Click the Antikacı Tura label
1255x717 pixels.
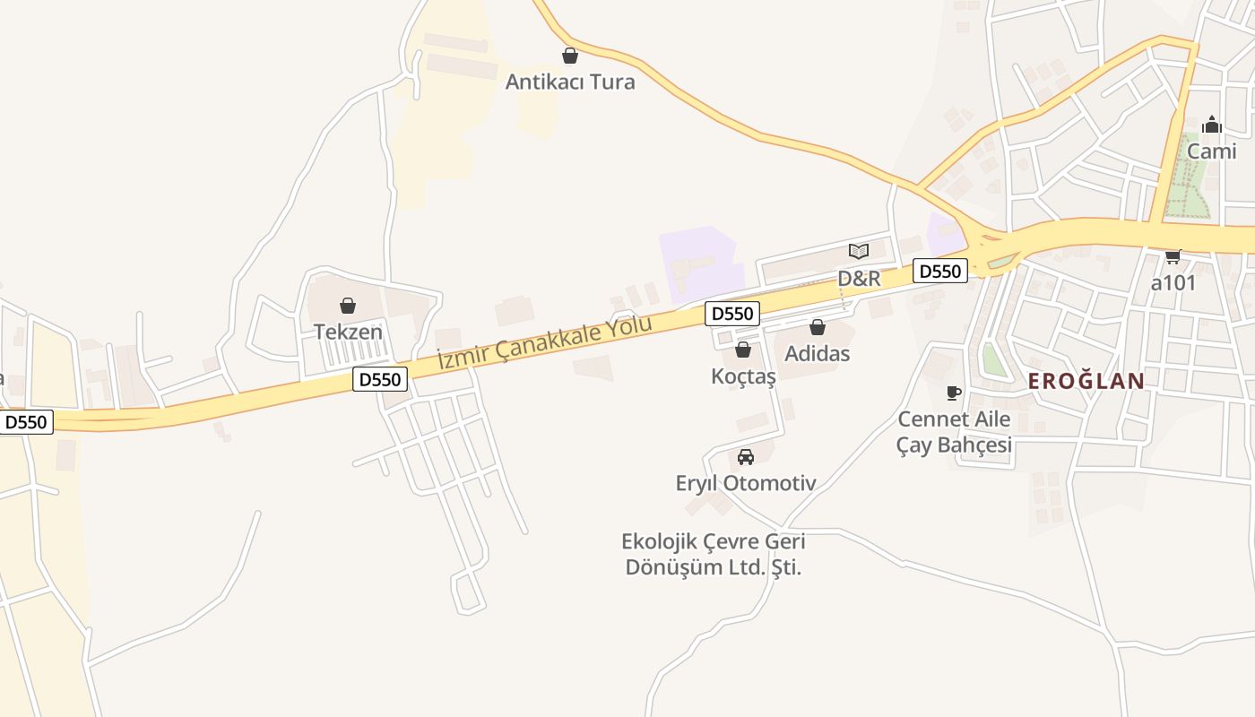(570, 82)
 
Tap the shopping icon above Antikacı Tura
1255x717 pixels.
(570, 56)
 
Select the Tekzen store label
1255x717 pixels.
(348, 332)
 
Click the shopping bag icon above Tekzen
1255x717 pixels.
(348, 306)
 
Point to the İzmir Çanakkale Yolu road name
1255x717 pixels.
(544, 342)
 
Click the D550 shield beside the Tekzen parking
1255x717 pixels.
(380, 379)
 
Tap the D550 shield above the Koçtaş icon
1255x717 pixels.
(732, 314)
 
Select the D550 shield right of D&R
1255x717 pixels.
(940, 271)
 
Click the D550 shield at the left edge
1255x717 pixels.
(25, 422)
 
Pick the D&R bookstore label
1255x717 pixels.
(859, 279)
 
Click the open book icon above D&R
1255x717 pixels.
(859, 251)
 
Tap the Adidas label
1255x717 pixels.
(818, 353)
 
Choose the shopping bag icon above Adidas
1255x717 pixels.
(818, 327)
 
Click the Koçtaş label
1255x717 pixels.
(743, 376)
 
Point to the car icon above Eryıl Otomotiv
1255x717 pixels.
(746, 457)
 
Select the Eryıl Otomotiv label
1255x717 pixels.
(746, 484)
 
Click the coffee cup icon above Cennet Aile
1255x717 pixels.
(954, 393)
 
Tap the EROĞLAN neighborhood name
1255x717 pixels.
(1086, 381)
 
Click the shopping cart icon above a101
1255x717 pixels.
(1173, 256)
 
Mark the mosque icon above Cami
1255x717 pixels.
(1212, 125)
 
